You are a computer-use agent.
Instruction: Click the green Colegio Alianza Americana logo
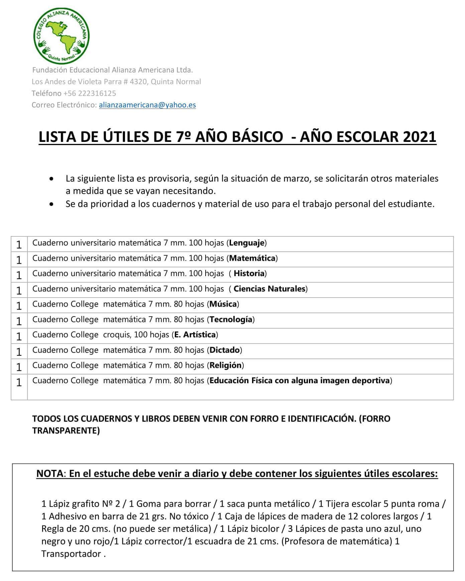coord(62,36)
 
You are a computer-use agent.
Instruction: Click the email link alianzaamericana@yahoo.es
coord(147,105)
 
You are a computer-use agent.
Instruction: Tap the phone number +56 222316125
coord(90,93)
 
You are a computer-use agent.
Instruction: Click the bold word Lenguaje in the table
coord(247,243)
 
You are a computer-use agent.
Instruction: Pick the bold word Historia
coord(249,273)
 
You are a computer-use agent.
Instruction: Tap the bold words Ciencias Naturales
coord(269,289)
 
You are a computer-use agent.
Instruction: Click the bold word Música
coord(223,304)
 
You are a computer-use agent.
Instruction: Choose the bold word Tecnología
coord(231,320)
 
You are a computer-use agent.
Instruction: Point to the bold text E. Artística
coord(195,335)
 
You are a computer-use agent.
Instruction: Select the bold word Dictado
coord(225,350)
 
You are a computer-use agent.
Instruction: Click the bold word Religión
coord(225,365)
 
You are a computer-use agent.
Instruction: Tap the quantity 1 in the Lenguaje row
coord(19,245)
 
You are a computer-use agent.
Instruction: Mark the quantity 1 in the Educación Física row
coord(19,383)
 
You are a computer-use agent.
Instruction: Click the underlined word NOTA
coord(49,474)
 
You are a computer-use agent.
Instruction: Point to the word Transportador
coord(71,554)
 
